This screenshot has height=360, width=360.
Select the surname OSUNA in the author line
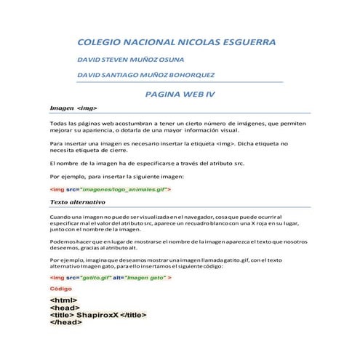(168, 60)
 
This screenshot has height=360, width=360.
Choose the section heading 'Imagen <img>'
(73, 108)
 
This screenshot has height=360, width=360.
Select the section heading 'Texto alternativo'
(78, 201)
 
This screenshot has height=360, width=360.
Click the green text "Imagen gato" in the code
(145, 278)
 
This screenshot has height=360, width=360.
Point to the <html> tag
(63, 300)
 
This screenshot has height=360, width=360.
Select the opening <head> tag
(64, 308)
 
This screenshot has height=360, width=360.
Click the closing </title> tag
(132, 315)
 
